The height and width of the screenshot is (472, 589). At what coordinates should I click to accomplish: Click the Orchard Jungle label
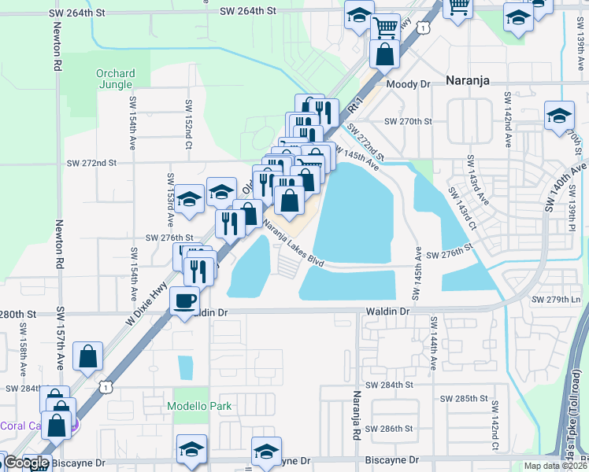116,79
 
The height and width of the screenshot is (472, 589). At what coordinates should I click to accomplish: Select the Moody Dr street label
407,83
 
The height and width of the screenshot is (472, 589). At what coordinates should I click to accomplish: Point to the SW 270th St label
409,122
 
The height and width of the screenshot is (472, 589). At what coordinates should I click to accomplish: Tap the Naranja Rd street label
357,415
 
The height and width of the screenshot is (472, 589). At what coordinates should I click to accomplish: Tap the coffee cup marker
185,301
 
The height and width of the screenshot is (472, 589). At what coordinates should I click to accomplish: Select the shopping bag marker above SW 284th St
88,356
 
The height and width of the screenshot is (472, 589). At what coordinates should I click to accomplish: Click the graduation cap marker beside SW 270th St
559,116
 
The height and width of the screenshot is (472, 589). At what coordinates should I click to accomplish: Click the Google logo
27,463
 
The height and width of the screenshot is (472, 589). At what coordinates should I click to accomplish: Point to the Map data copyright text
554,466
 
